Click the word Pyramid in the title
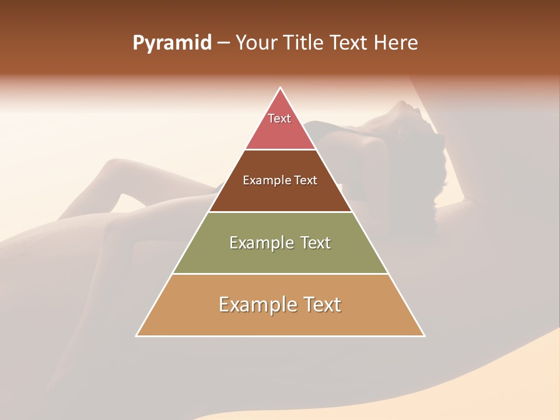pyautogui.click(x=171, y=43)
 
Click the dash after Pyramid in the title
pyautogui.click(x=223, y=43)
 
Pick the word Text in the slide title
pyautogui.click(x=349, y=43)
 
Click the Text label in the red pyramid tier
pyautogui.click(x=279, y=118)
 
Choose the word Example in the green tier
pyautogui.click(x=260, y=243)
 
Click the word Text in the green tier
pyautogui.click(x=316, y=243)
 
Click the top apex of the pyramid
pyautogui.click(x=281, y=88)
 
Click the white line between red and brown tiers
pyautogui.click(x=281, y=149)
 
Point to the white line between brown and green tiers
pyautogui.click(x=281, y=212)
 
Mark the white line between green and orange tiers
pyautogui.click(x=281, y=274)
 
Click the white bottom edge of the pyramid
pyautogui.click(x=281, y=336)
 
